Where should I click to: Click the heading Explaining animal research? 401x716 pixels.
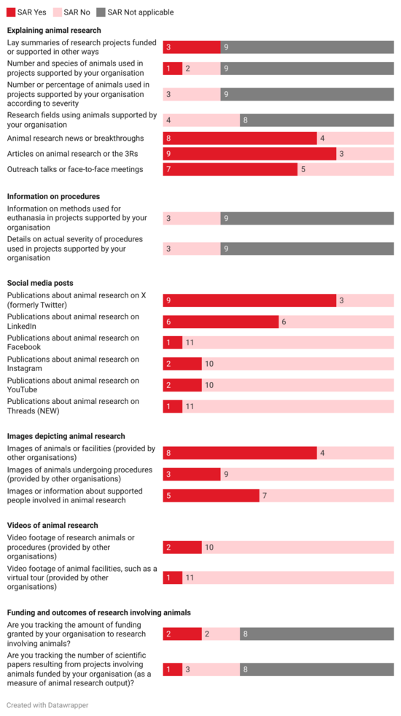pyautogui.click(x=54, y=31)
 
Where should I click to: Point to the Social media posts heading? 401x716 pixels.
pyautogui.click(x=40, y=283)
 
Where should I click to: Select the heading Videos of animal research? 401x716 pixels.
pyautogui.click(x=52, y=525)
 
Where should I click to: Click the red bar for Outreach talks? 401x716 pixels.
pyautogui.click(x=230, y=169)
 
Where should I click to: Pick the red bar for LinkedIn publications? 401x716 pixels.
pyautogui.click(x=220, y=322)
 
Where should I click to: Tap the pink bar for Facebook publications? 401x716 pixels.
pyautogui.click(x=288, y=343)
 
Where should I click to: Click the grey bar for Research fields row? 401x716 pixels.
pyautogui.click(x=316, y=120)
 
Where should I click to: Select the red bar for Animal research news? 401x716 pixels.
pyautogui.click(x=239, y=139)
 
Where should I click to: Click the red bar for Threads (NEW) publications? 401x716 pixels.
pyautogui.click(x=172, y=406)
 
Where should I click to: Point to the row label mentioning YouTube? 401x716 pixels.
pyautogui.click(x=73, y=385)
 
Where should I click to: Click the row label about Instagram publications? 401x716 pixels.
pyautogui.click(x=73, y=364)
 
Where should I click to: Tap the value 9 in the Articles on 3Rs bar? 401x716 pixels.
pyautogui.click(x=168, y=154)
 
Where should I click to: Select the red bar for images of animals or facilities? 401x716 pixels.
pyautogui.click(x=239, y=453)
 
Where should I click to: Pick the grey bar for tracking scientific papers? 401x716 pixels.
pyautogui.click(x=316, y=669)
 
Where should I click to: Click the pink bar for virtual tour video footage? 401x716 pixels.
pyautogui.click(x=288, y=577)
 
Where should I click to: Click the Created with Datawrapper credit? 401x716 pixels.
pyautogui.click(x=47, y=705)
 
